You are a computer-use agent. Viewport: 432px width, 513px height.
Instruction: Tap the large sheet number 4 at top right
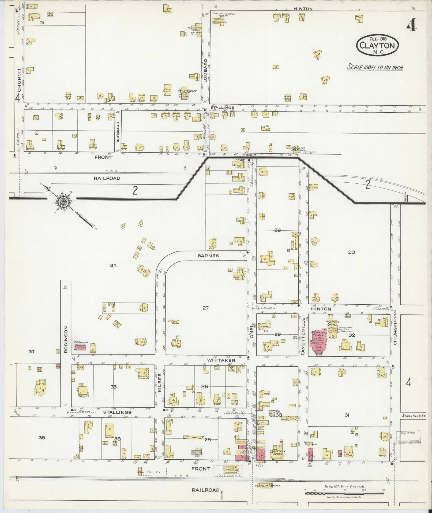412,26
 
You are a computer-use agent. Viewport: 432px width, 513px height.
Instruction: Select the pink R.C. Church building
80,348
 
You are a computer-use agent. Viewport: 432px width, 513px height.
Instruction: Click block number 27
205,308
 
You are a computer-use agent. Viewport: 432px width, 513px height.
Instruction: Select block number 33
351,252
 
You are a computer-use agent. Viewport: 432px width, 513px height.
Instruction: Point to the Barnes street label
208,256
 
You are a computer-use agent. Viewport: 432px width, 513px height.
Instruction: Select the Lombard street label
205,70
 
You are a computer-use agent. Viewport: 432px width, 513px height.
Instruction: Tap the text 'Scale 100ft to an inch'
375,67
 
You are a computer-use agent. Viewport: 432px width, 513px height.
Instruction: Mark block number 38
42,438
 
